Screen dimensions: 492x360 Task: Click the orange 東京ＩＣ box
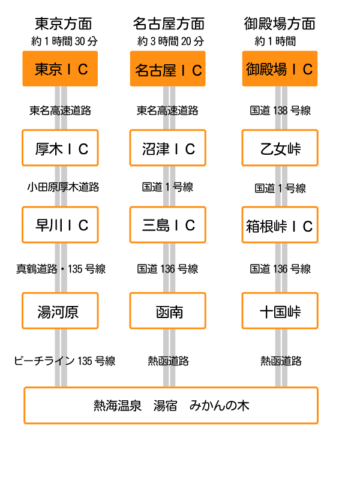60,68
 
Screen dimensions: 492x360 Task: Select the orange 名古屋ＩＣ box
167,68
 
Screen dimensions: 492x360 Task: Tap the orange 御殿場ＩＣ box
280,68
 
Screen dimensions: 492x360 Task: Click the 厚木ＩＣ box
60,148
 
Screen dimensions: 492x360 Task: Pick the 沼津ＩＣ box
167,148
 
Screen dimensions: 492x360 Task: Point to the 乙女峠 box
280,148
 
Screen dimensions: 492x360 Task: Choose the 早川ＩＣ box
60,224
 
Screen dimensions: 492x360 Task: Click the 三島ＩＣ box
167,224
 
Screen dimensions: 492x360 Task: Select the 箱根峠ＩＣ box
280,224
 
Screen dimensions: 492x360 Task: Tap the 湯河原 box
60,311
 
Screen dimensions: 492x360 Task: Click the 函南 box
167,311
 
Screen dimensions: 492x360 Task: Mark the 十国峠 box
280,311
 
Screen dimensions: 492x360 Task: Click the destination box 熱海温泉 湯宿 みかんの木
171,406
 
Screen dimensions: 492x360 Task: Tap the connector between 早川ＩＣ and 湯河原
61,268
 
